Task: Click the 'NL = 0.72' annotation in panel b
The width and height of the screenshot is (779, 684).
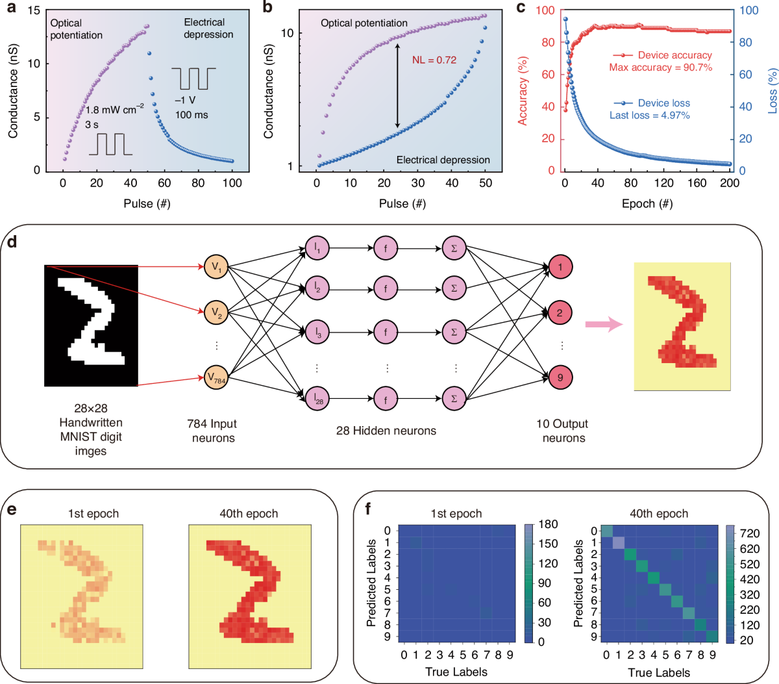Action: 434,60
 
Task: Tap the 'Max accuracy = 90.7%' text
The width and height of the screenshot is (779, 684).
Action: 660,68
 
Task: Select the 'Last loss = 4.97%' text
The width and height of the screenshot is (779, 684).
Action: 649,115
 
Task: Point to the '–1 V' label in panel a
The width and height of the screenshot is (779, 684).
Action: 185,100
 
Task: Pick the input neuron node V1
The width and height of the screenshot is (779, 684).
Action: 216,267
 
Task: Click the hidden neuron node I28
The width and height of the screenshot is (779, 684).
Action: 317,399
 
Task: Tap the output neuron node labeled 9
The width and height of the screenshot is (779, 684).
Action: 560,377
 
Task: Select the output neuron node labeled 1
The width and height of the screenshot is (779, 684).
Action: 560,267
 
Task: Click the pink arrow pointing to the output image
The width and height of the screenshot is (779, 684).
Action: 604,325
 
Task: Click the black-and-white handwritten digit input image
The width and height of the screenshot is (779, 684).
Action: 91,325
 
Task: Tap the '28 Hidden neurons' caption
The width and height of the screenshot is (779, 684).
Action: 386,431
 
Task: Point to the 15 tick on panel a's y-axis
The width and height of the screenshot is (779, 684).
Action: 34,10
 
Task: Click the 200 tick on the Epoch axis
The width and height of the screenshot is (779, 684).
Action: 730,183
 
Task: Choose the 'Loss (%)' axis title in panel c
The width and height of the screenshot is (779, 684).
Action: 773,92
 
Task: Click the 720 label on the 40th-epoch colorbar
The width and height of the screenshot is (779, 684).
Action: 749,533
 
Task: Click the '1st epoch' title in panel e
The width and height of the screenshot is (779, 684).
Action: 93,514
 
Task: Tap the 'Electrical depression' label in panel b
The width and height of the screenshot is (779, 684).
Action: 443,160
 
